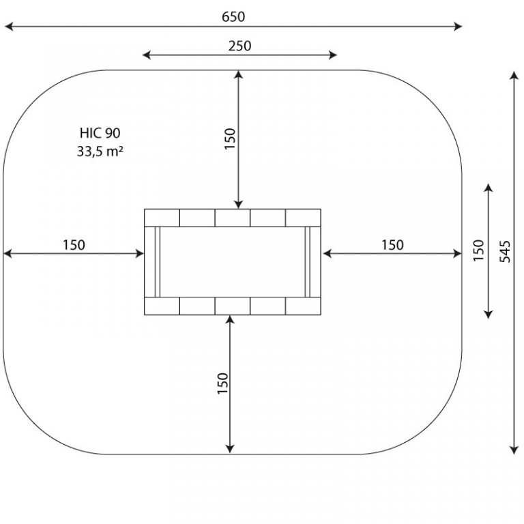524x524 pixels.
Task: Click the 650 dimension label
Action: [x=233, y=16]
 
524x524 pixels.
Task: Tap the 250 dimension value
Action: [x=239, y=46]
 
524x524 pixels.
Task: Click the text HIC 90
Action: [x=100, y=133]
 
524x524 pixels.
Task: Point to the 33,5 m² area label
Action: [x=100, y=151]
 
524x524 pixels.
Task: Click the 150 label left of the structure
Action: [x=74, y=245]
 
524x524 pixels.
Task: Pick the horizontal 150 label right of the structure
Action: [x=392, y=245]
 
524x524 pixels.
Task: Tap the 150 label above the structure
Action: [x=230, y=139]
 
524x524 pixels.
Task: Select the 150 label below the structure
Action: [x=222, y=383]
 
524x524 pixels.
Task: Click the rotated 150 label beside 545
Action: [x=479, y=250]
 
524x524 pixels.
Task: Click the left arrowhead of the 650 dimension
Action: [x=8, y=27]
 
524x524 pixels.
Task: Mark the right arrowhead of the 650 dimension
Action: [x=458, y=27]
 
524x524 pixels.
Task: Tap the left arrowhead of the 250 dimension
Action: [x=147, y=55]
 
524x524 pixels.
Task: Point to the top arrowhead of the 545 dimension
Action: [x=514, y=76]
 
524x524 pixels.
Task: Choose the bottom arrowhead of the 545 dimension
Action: [x=514, y=450]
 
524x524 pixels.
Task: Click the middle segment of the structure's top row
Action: [x=232, y=218]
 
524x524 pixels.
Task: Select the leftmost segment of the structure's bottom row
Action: [x=162, y=306]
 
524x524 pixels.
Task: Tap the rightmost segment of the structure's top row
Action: [x=303, y=218]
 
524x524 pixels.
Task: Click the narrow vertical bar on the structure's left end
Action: [x=158, y=262]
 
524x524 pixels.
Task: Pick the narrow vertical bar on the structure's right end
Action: [x=308, y=262]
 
